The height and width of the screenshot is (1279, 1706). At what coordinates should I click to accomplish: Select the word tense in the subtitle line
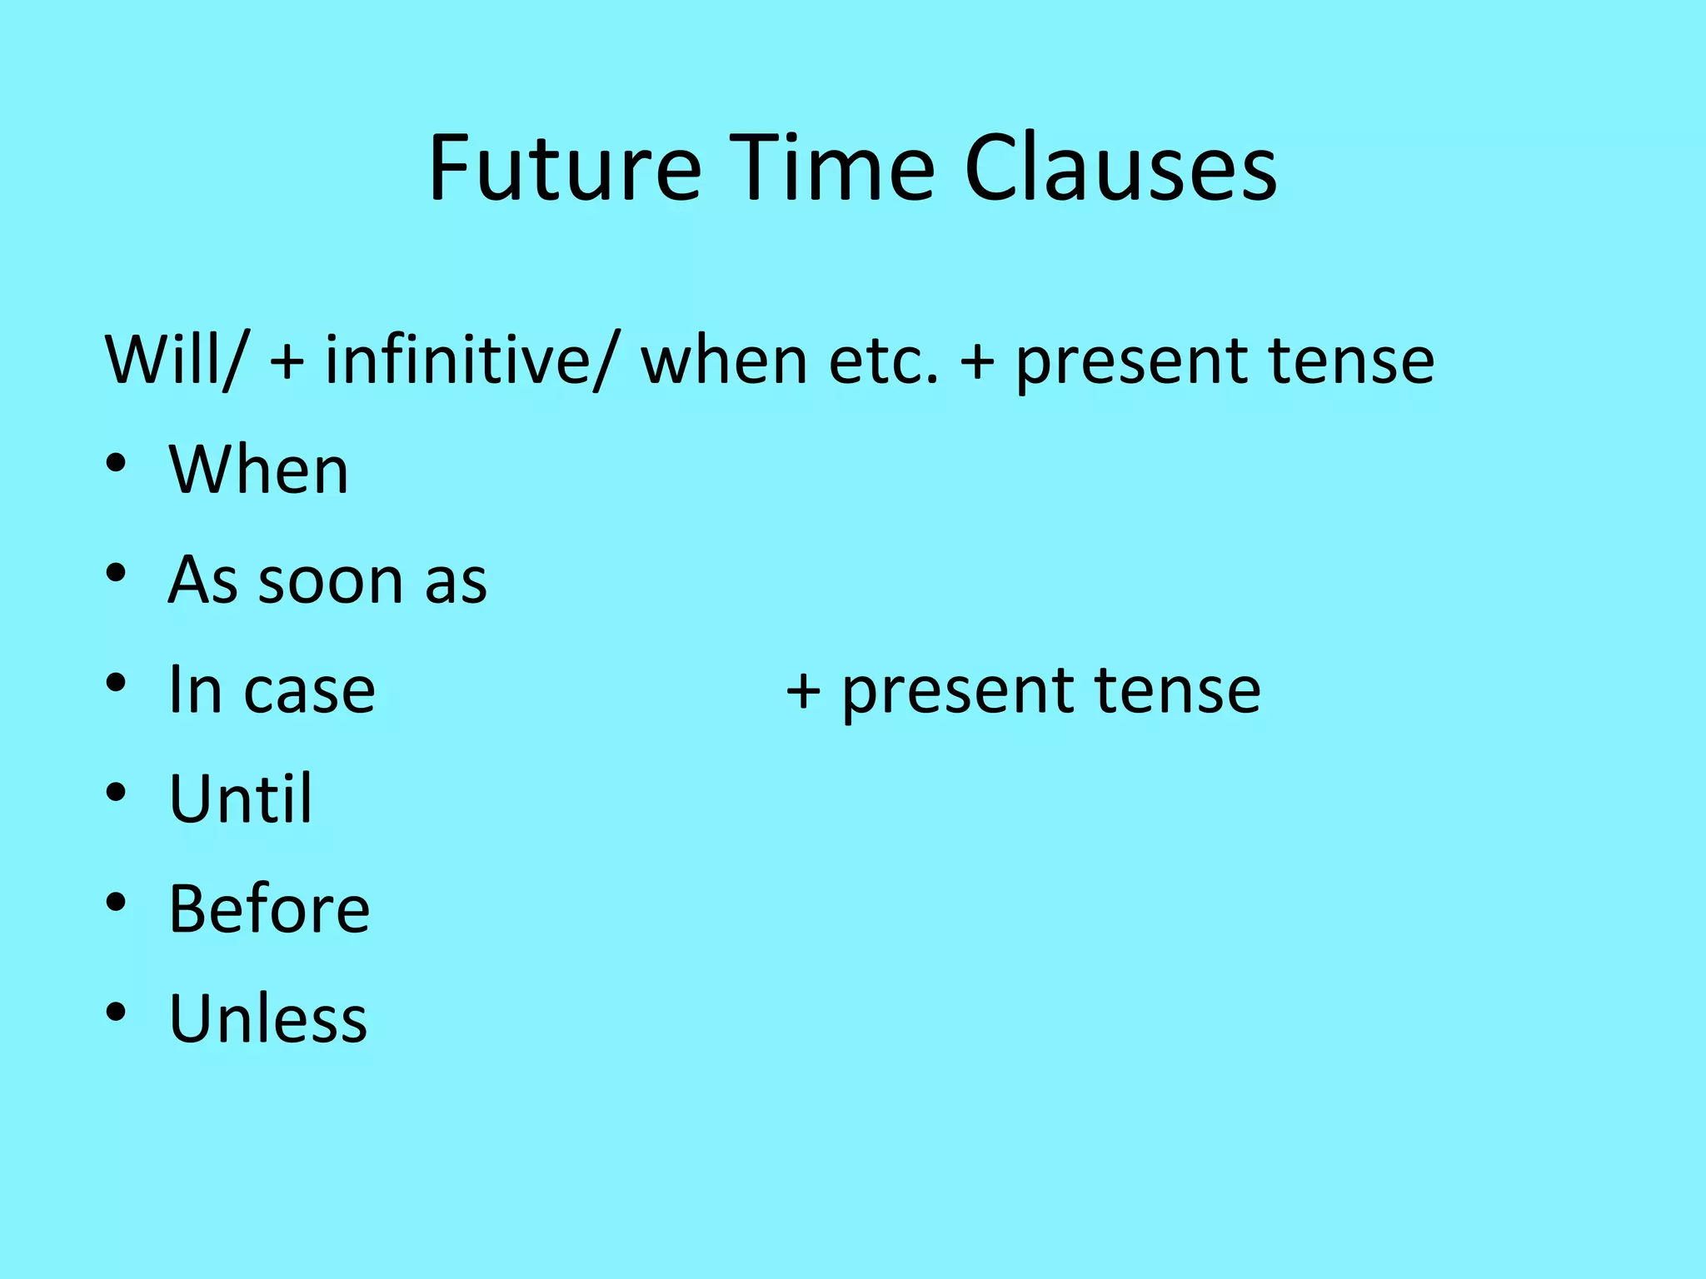pyautogui.click(x=1350, y=360)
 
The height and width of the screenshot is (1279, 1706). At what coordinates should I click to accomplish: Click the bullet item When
pyautogui.click(x=258, y=470)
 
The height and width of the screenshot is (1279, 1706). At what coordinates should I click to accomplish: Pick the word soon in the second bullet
pyautogui.click(x=330, y=580)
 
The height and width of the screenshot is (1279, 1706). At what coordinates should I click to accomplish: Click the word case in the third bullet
pyautogui.click(x=309, y=690)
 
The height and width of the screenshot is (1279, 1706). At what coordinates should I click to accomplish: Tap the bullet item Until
pyautogui.click(x=241, y=799)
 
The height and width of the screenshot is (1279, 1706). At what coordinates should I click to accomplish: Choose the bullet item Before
pyautogui.click(x=269, y=908)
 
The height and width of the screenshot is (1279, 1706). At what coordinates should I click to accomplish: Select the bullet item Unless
pyautogui.click(x=267, y=1018)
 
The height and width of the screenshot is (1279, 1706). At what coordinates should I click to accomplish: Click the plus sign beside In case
pyautogui.click(x=803, y=691)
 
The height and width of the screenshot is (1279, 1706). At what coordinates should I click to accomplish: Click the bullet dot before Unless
pyautogui.click(x=116, y=1012)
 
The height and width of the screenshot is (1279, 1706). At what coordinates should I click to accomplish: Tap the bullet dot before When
pyautogui.click(x=116, y=462)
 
